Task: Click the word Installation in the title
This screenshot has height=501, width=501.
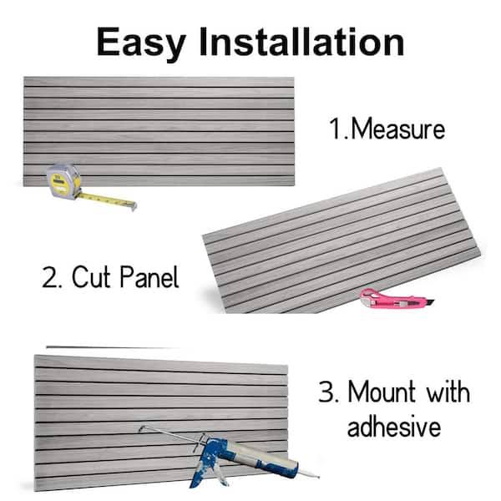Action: (x=301, y=42)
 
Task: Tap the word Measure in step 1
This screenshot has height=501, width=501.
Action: (x=397, y=129)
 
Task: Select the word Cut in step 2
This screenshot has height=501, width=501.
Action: (x=91, y=276)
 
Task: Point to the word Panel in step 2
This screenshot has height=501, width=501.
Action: (x=149, y=276)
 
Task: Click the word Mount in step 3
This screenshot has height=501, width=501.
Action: (x=382, y=392)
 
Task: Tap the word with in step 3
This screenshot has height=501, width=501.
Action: (x=448, y=392)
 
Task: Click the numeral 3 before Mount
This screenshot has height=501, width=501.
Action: (x=326, y=392)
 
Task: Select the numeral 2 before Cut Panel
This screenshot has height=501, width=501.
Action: (x=49, y=277)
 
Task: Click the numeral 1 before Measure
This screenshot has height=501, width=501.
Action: (x=336, y=129)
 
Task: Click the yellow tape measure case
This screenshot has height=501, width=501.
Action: (x=63, y=181)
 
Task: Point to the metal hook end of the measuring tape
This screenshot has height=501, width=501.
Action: (x=134, y=206)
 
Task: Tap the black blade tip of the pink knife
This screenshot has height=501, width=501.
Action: (x=430, y=301)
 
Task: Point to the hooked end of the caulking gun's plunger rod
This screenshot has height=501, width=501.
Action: (x=141, y=428)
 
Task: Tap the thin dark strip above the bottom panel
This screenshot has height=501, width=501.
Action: (x=113, y=347)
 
